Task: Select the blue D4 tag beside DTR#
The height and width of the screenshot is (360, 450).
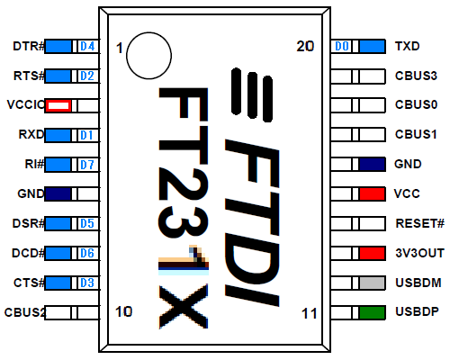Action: (x=87, y=46)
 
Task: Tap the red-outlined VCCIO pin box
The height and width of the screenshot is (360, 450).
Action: (x=58, y=105)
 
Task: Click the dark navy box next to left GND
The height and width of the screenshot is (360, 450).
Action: (x=58, y=193)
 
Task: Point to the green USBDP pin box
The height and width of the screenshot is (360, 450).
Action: (x=373, y=312)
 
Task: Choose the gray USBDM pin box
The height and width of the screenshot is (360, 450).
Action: (x=373, y=283)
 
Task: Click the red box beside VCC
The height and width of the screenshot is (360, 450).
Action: (x=373, y=193)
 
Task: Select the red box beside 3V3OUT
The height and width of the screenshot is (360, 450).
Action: (x=373, y=253)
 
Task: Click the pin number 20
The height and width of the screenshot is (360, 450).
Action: (x=305, y=47)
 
